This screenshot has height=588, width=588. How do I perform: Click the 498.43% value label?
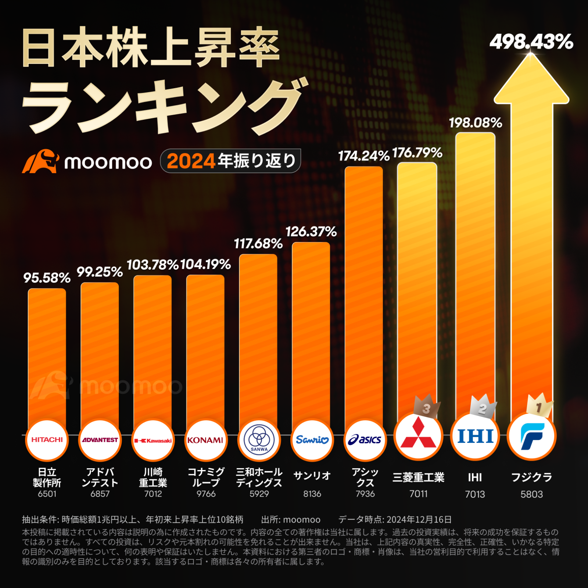tap(531, 42)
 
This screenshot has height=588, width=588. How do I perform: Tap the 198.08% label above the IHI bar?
tap(475, 123)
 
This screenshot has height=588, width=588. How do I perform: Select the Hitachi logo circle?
tap(47, 440)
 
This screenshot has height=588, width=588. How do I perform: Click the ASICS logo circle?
tap(365, 440)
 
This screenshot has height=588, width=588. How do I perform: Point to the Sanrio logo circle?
tap(312, 440)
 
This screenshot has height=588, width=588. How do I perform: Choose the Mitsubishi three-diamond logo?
tap(418, 435)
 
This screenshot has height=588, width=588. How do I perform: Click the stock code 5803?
tap(531, 494)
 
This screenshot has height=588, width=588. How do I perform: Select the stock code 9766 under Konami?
tap(206, 494)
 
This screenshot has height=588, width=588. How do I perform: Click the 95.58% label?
tap(47, 278)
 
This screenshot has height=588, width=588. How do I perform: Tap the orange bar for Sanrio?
tap(311, 331)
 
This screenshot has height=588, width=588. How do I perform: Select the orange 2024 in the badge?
tap(191, 161)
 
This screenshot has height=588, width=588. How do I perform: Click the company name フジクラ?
tap(531, 477)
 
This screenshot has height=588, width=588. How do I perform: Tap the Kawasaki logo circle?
tap(153, 440)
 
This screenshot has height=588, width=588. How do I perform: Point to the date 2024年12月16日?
tap(419, 520)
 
